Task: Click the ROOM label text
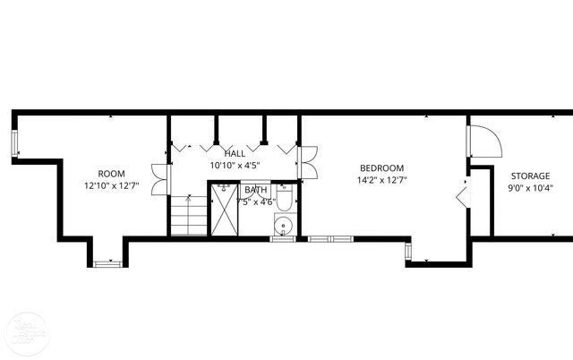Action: point(111,174)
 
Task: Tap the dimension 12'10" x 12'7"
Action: point(111,186)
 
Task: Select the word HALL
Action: point(235,154)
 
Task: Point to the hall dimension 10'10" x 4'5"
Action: point(235,166)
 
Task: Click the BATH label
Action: point(255,190)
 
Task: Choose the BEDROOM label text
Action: point(382,167)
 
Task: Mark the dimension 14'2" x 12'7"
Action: point(382,180)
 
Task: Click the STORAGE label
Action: point(531,176)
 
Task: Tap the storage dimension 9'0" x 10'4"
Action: point(531,188)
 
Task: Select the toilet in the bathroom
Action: point(285,197)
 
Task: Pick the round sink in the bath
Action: point(284,225)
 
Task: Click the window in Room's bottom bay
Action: point(106,263)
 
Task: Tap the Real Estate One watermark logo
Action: point(20,332)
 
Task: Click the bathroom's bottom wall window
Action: point(282,239)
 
